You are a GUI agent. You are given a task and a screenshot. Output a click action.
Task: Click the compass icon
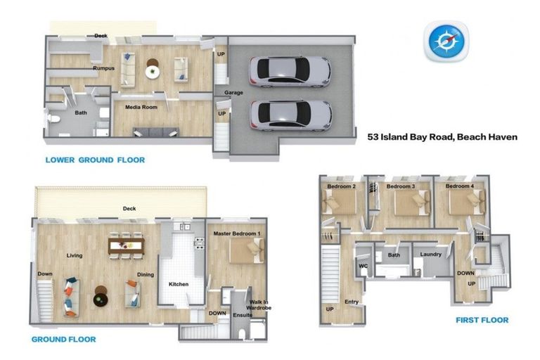coord(446,41)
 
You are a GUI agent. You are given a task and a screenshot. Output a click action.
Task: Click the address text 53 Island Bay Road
coord(442,138)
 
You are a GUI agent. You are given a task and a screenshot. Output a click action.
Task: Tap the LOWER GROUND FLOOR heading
coord(95,160)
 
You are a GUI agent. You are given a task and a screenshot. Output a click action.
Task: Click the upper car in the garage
coord(289,71)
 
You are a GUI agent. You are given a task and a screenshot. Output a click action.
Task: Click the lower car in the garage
coord(290,115)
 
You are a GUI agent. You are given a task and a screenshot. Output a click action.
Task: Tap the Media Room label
coord(141,108)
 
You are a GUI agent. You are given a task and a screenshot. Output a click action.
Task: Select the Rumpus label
coord(103,69)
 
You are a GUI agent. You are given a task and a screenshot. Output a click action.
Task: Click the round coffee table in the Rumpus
coord(153,70)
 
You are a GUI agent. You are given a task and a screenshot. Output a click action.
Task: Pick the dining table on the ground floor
coord(126,245)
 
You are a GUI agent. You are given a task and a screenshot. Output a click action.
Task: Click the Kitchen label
coord(179,284)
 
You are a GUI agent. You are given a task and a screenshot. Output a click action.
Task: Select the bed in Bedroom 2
coord(340,202)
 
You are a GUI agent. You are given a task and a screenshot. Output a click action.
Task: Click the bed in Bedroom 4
coord(466,202)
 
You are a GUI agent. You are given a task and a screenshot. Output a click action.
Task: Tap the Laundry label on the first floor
coord(430,255)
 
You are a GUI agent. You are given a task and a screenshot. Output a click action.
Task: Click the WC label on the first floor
coord(364,266)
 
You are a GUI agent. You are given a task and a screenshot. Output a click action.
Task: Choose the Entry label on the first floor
coord(352,302)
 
